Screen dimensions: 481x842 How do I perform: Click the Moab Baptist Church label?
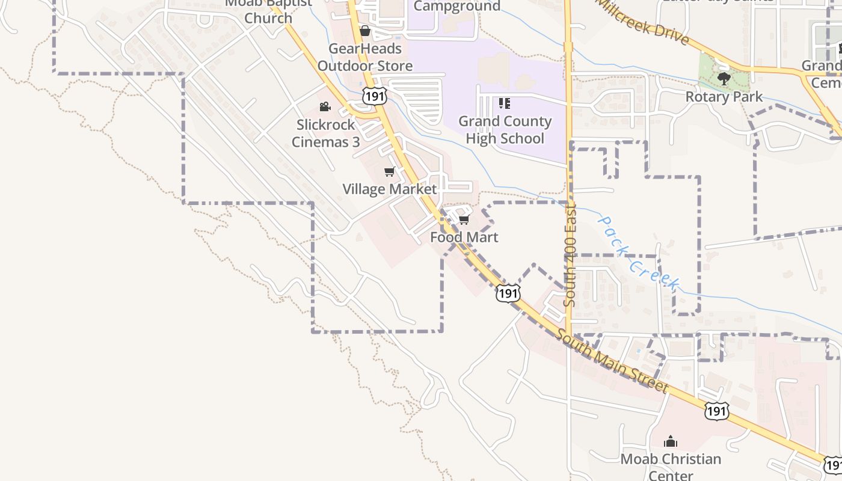(x=268, y=12)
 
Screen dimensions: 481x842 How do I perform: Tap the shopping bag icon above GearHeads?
(x=364, y=31)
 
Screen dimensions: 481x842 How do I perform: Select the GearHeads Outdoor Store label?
(x=365, y=57)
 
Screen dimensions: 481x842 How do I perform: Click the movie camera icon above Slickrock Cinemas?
(x=325, y=107)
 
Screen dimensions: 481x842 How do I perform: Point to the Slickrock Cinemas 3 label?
(x=325, y=133)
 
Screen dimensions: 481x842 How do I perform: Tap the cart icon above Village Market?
(x=390, y=172)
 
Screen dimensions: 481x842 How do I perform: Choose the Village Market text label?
(x=390, y=189)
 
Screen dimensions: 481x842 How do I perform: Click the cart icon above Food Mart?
(x=464, y=220)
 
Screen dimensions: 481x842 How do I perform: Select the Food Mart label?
(x=464, y=237)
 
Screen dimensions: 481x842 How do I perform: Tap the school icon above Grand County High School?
(x=505, y=103)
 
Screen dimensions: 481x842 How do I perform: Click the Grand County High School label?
(x=505, y=130)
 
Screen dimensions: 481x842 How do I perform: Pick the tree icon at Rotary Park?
(x=724, y=78)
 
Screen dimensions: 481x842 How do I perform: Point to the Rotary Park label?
(x=724, y=97)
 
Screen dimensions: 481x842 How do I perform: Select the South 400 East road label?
(x=571, y=254)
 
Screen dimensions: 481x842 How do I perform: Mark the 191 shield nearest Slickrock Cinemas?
(x=373, y=96)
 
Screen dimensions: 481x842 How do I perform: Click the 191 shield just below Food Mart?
(x=508, y=293)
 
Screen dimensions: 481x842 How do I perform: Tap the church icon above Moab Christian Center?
(x=671, y=442)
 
